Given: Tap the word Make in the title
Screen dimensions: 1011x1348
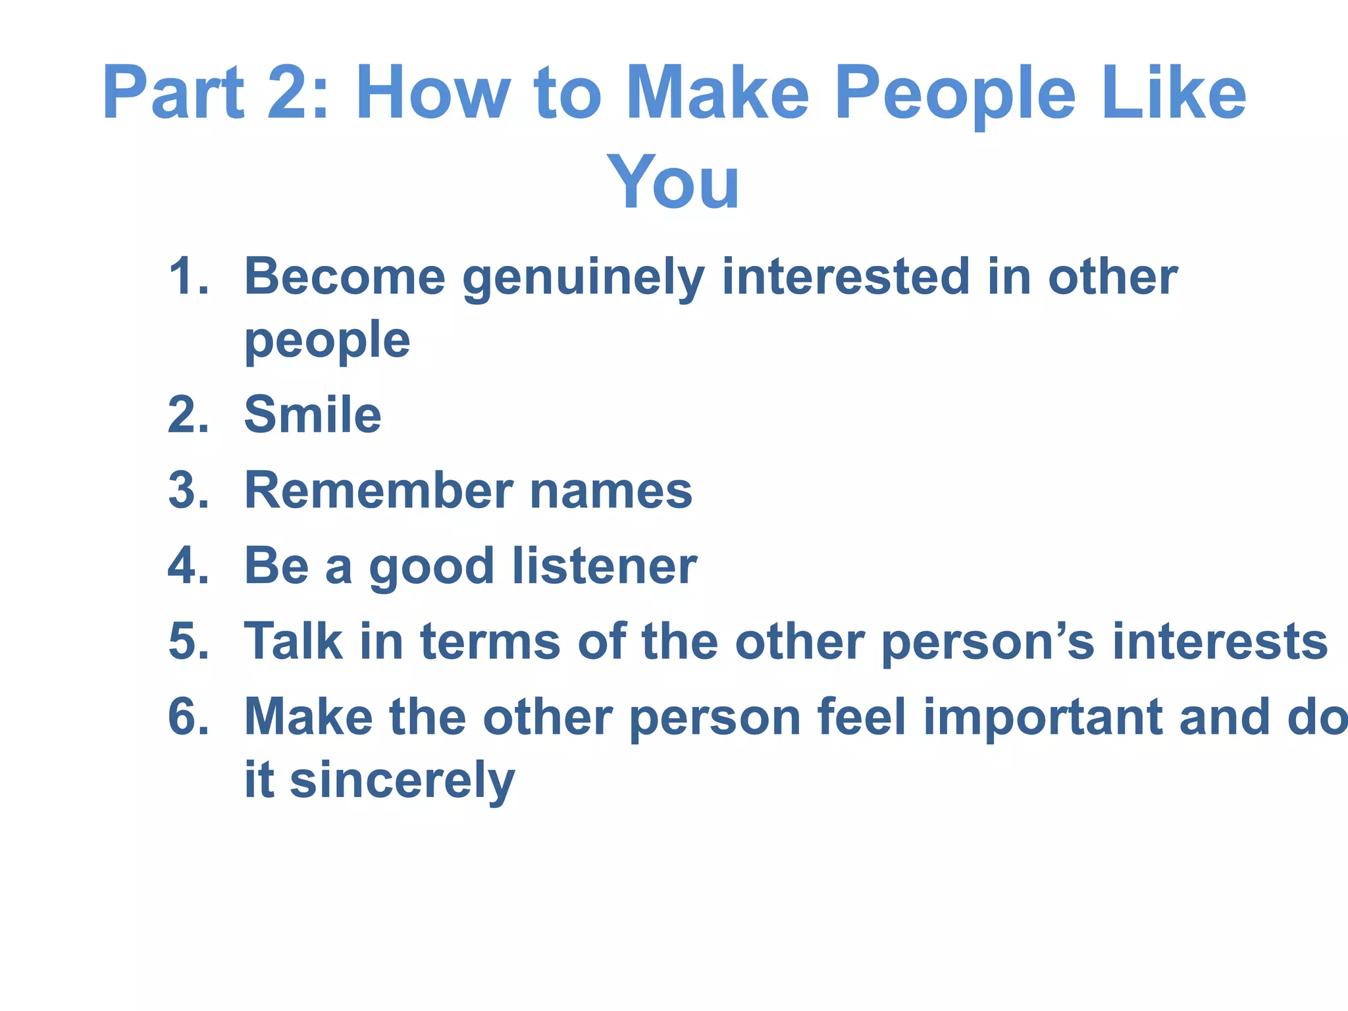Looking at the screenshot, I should [x=717, y=93].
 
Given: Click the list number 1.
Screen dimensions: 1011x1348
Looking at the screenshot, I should [x=188, y=276].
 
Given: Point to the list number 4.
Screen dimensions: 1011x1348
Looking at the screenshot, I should [x=188, y=566].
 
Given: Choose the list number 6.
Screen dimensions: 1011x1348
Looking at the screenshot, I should [x=188, y=717].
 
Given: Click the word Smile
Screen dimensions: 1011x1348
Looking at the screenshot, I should [x=313, y=415].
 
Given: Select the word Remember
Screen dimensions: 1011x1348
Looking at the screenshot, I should [x=378, y=491].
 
